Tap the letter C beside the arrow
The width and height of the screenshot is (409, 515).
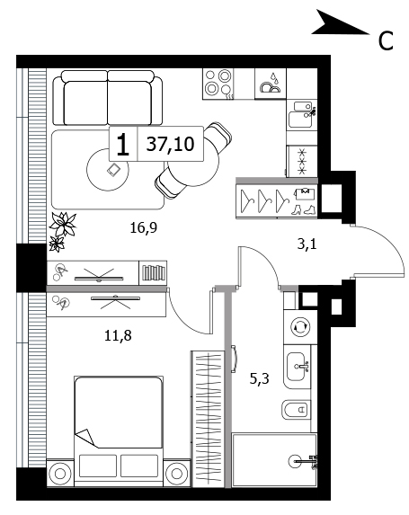pyautogui.click(x=386, y=40)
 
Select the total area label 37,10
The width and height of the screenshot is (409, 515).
pyautogui.click(x=170, y=144)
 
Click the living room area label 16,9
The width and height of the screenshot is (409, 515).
pyautogui.click(x=144, y=227)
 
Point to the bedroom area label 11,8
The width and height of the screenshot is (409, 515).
pyautogui.click(x=118, y=335)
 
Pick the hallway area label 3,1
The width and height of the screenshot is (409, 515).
pyautogui.click(x=307, y=244)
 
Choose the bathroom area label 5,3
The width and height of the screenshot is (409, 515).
pyautogui.click(x=260, y=379)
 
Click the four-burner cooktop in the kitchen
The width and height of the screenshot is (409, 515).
pyautogui.click(x=218, y=84)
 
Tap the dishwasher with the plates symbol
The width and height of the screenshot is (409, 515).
pyautogui.click(x=271, y=84)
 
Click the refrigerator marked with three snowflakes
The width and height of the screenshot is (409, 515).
pyautogui.click(x=302, y=161)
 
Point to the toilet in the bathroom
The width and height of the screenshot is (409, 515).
pyautogui.click(x=296, y=410)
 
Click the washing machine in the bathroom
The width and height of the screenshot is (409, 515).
pyautogui.click(x=300, y=327)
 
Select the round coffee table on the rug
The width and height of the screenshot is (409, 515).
pyautogui.click(x=108, y=170)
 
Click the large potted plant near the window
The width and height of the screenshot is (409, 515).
pyautogui.click(x=63, y=225)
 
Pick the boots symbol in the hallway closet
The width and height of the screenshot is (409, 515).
pyautogui.click(x=304, y=210)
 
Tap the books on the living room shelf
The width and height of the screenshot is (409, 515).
pyautogui.click(x=154, y=272)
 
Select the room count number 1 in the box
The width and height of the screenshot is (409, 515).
pyautogui.click(x=123, y=145)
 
